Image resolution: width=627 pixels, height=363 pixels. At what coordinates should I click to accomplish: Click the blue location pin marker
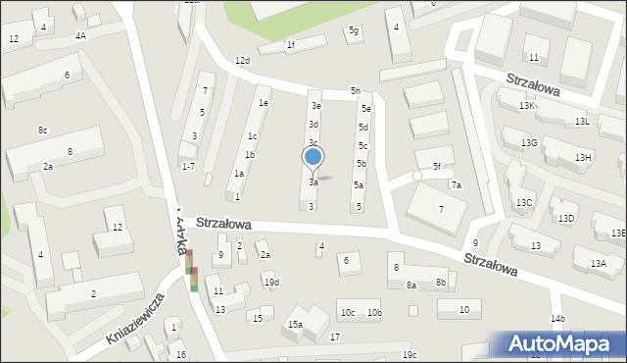313,157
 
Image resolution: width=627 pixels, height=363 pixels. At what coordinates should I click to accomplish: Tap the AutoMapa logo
562,344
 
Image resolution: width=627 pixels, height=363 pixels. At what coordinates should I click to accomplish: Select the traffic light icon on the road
193,271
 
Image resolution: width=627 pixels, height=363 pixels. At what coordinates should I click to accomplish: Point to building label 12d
242,61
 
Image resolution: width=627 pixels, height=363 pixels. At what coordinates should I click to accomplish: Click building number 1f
290,44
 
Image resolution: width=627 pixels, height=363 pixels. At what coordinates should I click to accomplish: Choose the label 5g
354,31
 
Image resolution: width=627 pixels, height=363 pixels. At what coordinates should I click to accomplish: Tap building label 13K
527,105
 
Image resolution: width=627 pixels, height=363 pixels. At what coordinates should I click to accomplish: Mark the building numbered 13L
582,122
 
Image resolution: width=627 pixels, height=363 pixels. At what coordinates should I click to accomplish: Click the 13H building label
583,158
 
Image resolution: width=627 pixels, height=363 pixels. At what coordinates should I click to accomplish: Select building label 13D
566,219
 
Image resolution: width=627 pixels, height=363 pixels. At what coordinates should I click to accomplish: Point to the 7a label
456,185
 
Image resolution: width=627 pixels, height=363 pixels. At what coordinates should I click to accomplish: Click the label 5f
437,167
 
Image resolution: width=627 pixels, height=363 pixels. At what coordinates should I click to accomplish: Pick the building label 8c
42,130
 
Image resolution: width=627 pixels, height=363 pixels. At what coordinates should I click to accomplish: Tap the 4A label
80,35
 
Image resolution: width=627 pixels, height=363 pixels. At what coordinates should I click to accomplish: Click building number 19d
271,284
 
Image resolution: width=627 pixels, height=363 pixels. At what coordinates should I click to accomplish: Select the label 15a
295,325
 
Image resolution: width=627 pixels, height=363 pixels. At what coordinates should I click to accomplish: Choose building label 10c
347,313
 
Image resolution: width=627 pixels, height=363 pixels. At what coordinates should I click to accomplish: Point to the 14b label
557,319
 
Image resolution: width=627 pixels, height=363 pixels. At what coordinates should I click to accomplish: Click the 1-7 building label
188,166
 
